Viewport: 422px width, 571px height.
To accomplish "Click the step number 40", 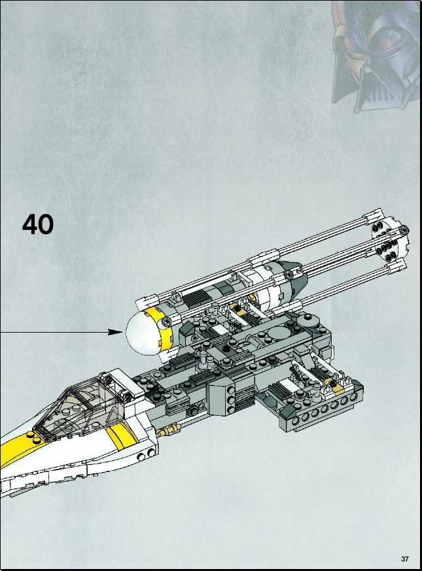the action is point(38,225).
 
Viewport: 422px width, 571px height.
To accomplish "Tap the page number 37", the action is point(405,559).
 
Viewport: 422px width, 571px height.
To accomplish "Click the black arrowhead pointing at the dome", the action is point(116,332).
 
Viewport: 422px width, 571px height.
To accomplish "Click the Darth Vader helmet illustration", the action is point(376,54).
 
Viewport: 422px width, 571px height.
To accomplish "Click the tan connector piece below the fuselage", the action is point(169,430).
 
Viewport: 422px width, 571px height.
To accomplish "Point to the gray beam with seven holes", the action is point(319,410).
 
